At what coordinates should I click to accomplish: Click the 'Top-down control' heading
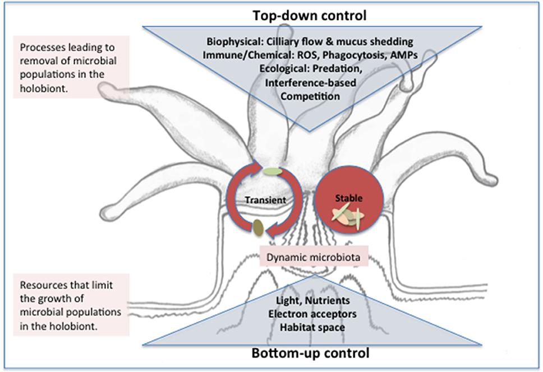click(309, 16)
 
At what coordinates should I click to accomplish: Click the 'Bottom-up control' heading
click(310, 353)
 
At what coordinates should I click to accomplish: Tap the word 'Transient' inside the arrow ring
click(266, 200)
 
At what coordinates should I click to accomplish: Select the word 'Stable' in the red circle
click(349, 198)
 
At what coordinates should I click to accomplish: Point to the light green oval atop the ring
click(273, 171)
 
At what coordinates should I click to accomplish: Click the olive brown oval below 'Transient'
click(258, 228)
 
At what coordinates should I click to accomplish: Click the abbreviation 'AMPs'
click(404, 55)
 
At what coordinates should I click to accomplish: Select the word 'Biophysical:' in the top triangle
click(235, 42)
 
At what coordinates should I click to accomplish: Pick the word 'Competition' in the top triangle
click(310, 96)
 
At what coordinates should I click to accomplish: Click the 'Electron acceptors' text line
click(312, 314)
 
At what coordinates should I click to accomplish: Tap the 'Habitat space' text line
click(312, 327)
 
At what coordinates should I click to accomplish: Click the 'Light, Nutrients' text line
click(312, 300)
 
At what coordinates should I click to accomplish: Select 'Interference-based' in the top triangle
click(310, 82)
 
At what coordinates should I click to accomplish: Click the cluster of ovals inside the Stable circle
click(348, 216)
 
